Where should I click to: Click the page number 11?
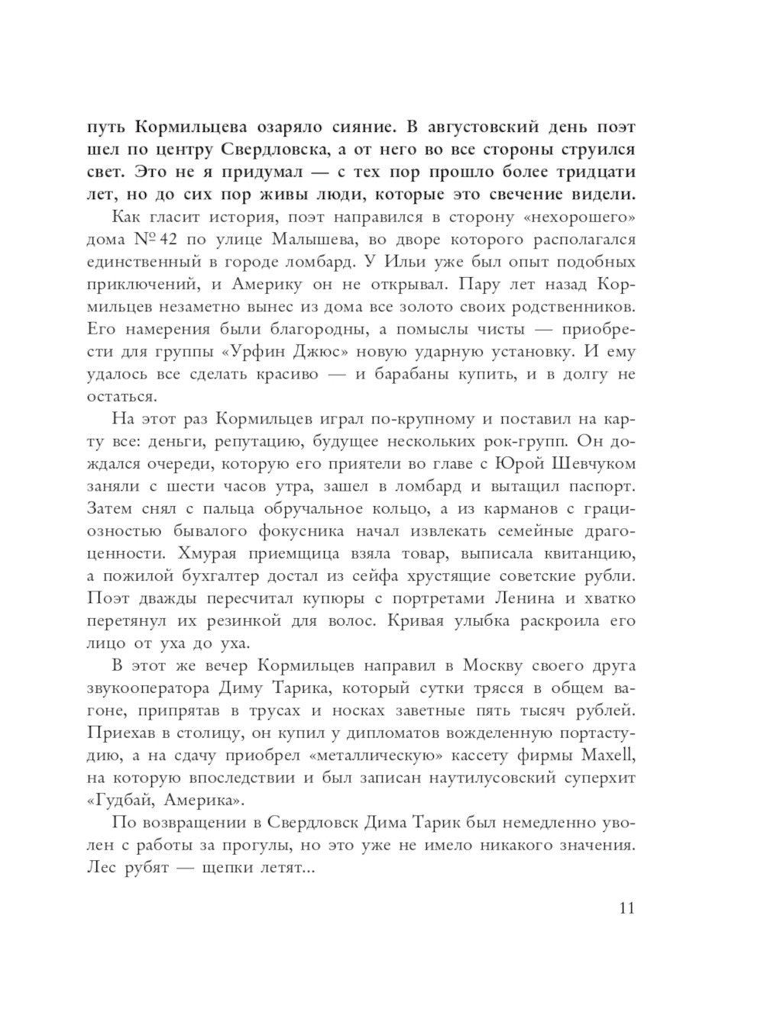(626, 907)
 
